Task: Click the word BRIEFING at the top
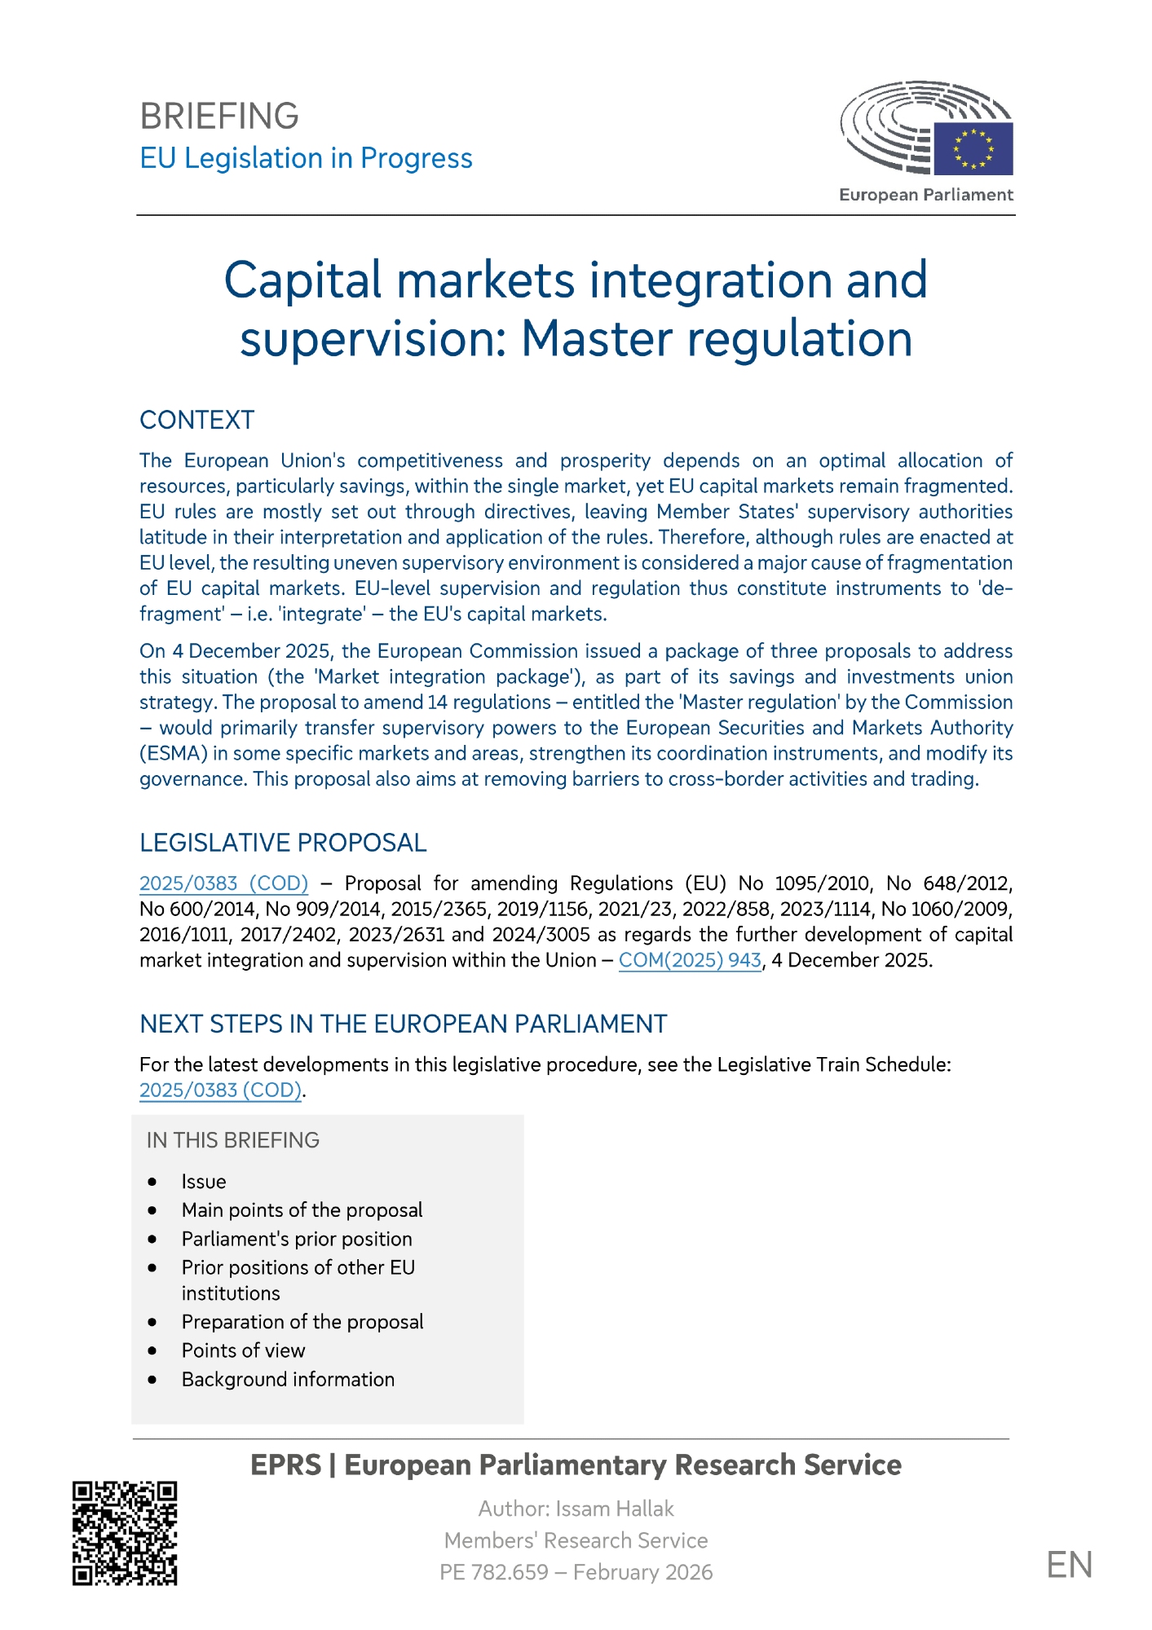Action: (x=219, y=117)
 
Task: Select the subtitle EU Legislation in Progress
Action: (x=306, y=158)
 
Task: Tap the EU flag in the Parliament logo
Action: (x=973, y=148)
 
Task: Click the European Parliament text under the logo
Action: (x=925, y=195)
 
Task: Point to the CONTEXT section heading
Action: (x=196, y=420)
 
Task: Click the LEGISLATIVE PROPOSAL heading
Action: (x=283, y=843)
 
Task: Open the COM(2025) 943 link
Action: (x=690, y=960)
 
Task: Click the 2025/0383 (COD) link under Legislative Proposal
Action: (x=223, y=883)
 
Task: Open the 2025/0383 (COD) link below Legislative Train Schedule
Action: (x=220, y=1090)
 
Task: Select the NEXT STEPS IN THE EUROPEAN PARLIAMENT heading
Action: (x=403, y=1024)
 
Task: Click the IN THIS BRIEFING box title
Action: (x=232, y=1140)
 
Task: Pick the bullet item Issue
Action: (x=204, y=1182)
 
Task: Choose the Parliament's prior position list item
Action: (x=297, y=1239)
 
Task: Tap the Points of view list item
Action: (x=243, y=1350)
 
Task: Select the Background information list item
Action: (x=288, y=1379)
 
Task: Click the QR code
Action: (x=125, y=1533)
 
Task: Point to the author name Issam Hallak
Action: (x=615, y=1509)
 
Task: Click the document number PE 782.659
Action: (x=494, y=1572)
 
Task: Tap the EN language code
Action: (x=1069, y=1566)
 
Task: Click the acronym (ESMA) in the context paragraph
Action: (x=174, y=753)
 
